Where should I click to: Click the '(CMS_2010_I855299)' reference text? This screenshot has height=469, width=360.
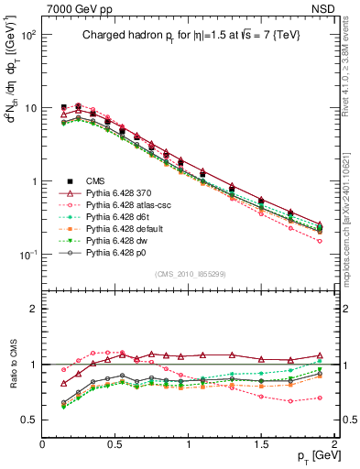(x=189, y=275)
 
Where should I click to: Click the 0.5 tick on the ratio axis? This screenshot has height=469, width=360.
(x=29, y=420)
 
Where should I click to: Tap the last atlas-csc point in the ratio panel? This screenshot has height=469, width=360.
(x=320, y=398)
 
